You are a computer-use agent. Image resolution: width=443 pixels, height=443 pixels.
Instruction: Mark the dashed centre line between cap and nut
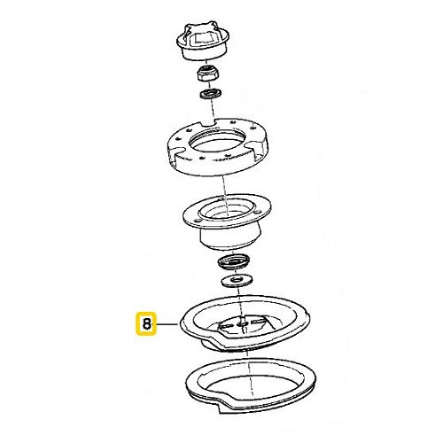click(208, 62)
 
